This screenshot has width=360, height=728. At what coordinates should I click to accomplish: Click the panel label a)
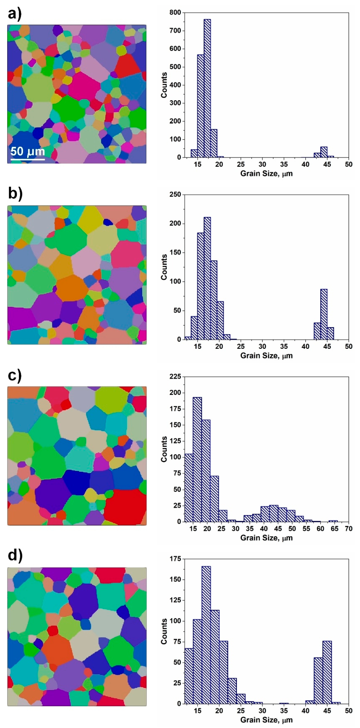15,14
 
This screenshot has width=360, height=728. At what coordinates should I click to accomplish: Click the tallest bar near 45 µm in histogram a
324,152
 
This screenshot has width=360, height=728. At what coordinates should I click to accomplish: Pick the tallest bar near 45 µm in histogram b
324,314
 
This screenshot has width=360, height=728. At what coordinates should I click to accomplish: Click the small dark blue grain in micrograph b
108,222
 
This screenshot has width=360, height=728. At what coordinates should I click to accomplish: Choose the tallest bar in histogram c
197,459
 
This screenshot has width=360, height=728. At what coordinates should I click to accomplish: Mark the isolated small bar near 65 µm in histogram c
333,521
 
